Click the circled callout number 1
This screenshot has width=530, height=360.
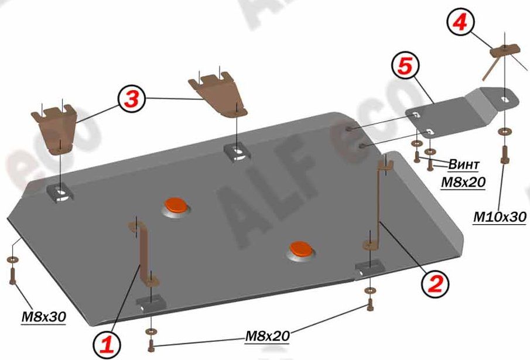point(107,345)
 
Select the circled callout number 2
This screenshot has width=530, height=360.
point(435,284)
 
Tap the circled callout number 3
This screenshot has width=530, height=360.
point(132,100)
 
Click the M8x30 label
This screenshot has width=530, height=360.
point(43,317)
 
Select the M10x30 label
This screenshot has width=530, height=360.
point(500,217)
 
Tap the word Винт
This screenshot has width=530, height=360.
point(464,164)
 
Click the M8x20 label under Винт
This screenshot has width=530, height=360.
point(463,182)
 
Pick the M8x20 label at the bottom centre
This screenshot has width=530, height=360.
point(267,335)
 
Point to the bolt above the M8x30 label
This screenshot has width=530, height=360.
point(12,276)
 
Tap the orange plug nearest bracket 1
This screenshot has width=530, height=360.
point(176,205)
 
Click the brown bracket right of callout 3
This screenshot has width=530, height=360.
point(218,94)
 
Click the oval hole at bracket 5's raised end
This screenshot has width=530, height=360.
point(505,100)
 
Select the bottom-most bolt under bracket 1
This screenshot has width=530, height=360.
point(151,345)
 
